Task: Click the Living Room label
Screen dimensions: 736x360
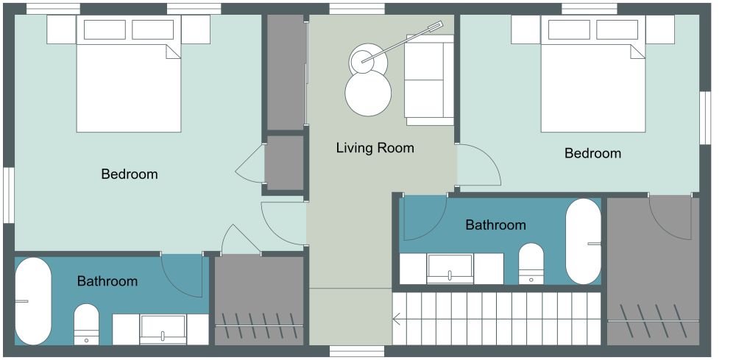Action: (x=375, y=148)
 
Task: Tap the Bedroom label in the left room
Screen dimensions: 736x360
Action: (x=130, y=174)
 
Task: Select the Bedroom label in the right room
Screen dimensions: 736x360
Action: (x=592, y=153)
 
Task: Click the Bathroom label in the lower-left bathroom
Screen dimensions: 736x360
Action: (x=107, y=281)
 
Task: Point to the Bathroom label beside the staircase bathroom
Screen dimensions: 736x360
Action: (x=495, y=225)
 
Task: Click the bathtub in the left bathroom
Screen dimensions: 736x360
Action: (x=33, y=301)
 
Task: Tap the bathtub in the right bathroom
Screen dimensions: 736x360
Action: (x=584, y=241)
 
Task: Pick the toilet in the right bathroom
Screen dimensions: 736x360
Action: (x=531, y=264)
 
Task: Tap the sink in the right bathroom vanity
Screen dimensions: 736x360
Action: (x=450, y=269)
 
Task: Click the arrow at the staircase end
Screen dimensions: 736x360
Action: (x=397, y=320)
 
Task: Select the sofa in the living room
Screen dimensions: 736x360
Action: (x=429, y=80)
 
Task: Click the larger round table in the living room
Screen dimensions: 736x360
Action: (x=368, y=93)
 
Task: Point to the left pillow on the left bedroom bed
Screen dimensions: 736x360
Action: (x=105, y=29)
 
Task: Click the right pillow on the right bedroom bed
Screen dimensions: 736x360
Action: (x=618, y=29)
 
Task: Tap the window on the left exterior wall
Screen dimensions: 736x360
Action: (x=8, y=195)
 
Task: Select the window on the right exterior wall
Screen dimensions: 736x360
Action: (x=705, y=118)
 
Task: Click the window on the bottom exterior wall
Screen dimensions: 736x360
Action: (x=357, y=351)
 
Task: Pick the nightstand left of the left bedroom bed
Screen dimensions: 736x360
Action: (x=61, y=29)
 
